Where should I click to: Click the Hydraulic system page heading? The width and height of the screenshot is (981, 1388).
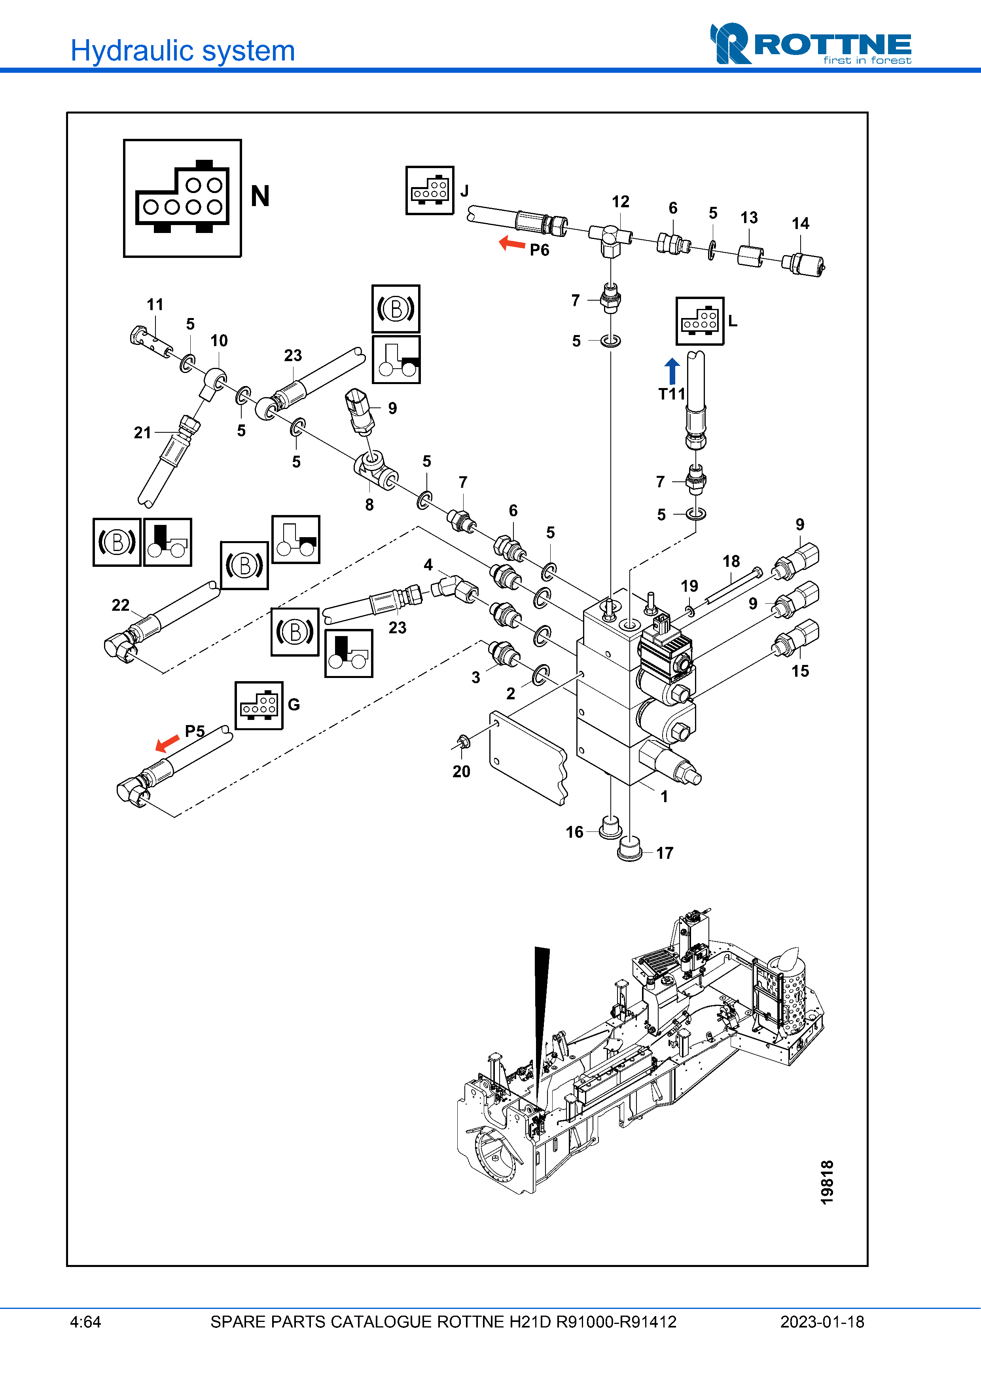[x=182, y=51]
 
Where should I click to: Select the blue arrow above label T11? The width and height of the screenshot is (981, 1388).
[x=672, y=371]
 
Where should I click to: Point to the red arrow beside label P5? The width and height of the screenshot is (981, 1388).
[x=167, y=743]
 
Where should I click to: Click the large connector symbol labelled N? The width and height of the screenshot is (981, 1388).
[x=182, y=198]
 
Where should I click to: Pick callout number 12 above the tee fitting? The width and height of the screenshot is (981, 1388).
[x=620, y=202]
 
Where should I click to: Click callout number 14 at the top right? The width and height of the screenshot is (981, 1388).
[x=800, y=223]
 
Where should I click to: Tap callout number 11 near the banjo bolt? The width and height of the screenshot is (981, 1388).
[x=155, y=305]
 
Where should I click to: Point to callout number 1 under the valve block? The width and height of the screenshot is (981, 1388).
[x=664, y=797]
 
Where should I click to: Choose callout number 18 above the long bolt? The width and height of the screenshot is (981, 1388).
[x=731, y=562]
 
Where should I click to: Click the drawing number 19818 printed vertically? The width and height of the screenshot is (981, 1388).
[x=827, y=1182]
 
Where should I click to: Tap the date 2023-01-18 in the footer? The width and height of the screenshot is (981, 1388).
[x=822, y=1322]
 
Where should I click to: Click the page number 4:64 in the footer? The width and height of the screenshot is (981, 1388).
[x=85, y=1322]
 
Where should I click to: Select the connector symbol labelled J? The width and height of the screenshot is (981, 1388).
[x=430, y=190]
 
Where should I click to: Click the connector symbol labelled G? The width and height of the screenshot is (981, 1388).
[x=259, y=706]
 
